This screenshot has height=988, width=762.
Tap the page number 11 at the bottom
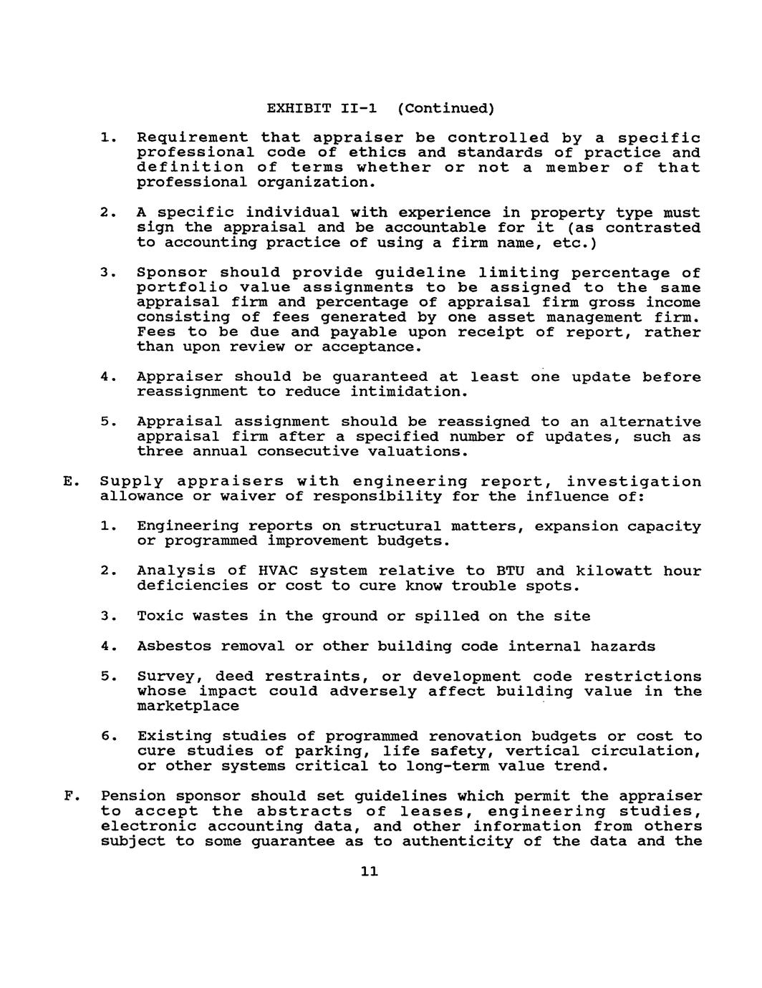369,871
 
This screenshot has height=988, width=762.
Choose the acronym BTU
506,571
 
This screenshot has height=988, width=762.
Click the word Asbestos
174,646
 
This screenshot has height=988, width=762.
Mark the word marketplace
188,707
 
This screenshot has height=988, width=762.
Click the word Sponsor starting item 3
173,273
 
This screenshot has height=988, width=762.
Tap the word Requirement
193,137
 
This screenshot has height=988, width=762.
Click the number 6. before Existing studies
107,737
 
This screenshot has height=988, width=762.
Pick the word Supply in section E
132,483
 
